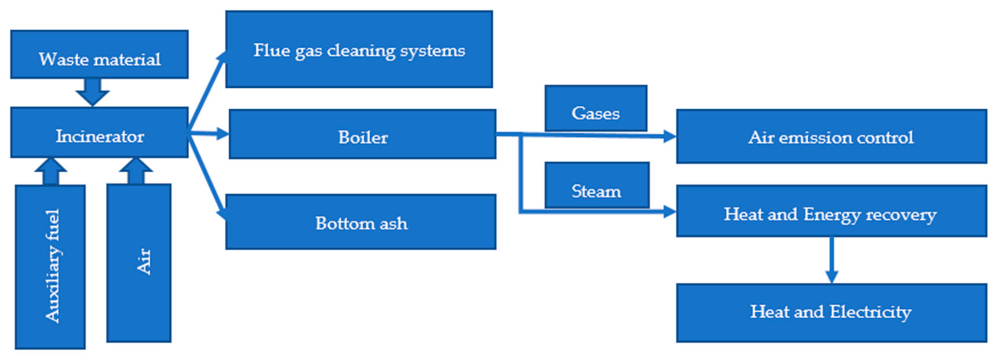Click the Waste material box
tap(99, 55)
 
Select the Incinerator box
tap(99, 132)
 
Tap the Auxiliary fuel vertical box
tap(50, 267)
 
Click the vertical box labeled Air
tap(139, 263)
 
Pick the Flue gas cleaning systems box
tap(359, 49)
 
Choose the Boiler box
tap(362, 134)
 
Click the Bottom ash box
tap(361, 222)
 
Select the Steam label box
tap(597, 185)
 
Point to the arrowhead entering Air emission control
tap(670, 136)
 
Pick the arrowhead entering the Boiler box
tap(223, 134)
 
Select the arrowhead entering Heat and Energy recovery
tap(670, 212)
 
